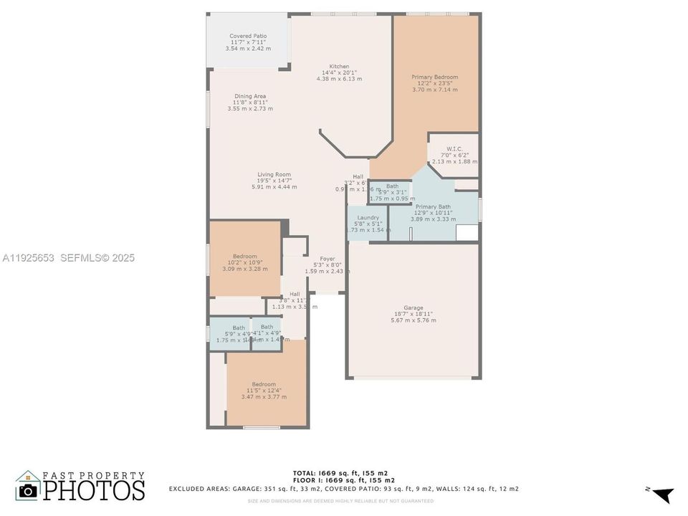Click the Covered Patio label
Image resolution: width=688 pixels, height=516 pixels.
click(x=248, y=36)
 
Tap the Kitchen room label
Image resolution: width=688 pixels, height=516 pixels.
click(x=339, y=66)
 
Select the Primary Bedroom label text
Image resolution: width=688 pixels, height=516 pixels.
click(x=434, y=77)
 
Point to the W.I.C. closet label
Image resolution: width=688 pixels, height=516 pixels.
click(x=454, y=150)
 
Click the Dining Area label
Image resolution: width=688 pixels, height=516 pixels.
click(x=250, y=96)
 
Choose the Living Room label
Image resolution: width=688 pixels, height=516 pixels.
click(x=274, y=174)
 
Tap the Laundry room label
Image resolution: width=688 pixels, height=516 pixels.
click(x=368, y=217)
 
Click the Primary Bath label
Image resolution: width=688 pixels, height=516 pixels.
click(x=433, y=207)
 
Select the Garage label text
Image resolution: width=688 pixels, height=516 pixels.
click(x=414, y=307)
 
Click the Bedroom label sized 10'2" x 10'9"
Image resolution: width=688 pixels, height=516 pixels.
click(x=244, y=257)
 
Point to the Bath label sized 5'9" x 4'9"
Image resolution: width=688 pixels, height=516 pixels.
click(x=239, y=328)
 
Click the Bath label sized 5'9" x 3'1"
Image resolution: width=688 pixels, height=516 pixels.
click(x=392, y=186)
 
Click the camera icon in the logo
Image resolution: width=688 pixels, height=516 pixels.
click(x=28, y=489)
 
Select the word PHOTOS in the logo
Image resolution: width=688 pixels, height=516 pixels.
click(x=93, y=490)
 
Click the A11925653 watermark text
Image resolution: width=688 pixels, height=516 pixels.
click(x=29, y=258)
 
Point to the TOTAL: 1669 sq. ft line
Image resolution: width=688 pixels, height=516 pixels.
click(x=341, y=473)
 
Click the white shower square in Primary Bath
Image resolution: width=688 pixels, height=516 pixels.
click(x=467, y=234)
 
